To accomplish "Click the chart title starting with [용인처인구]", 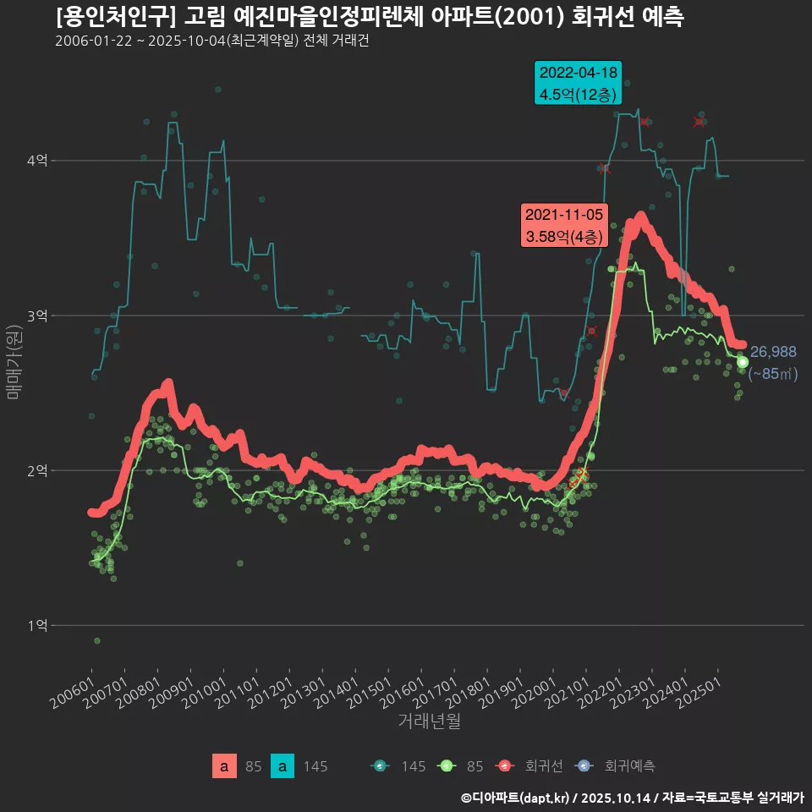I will click(x=370, y=17).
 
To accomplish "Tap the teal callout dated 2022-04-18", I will click(x=579, y=84).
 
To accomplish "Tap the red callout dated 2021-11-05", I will click(x=564, y=226).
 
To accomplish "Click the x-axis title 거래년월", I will click(x=429, y=721).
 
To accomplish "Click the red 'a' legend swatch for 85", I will click(x=224, y=766).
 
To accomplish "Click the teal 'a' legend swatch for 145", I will click(x=283, y=766).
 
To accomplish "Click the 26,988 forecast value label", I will click(x=773, y=352).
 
